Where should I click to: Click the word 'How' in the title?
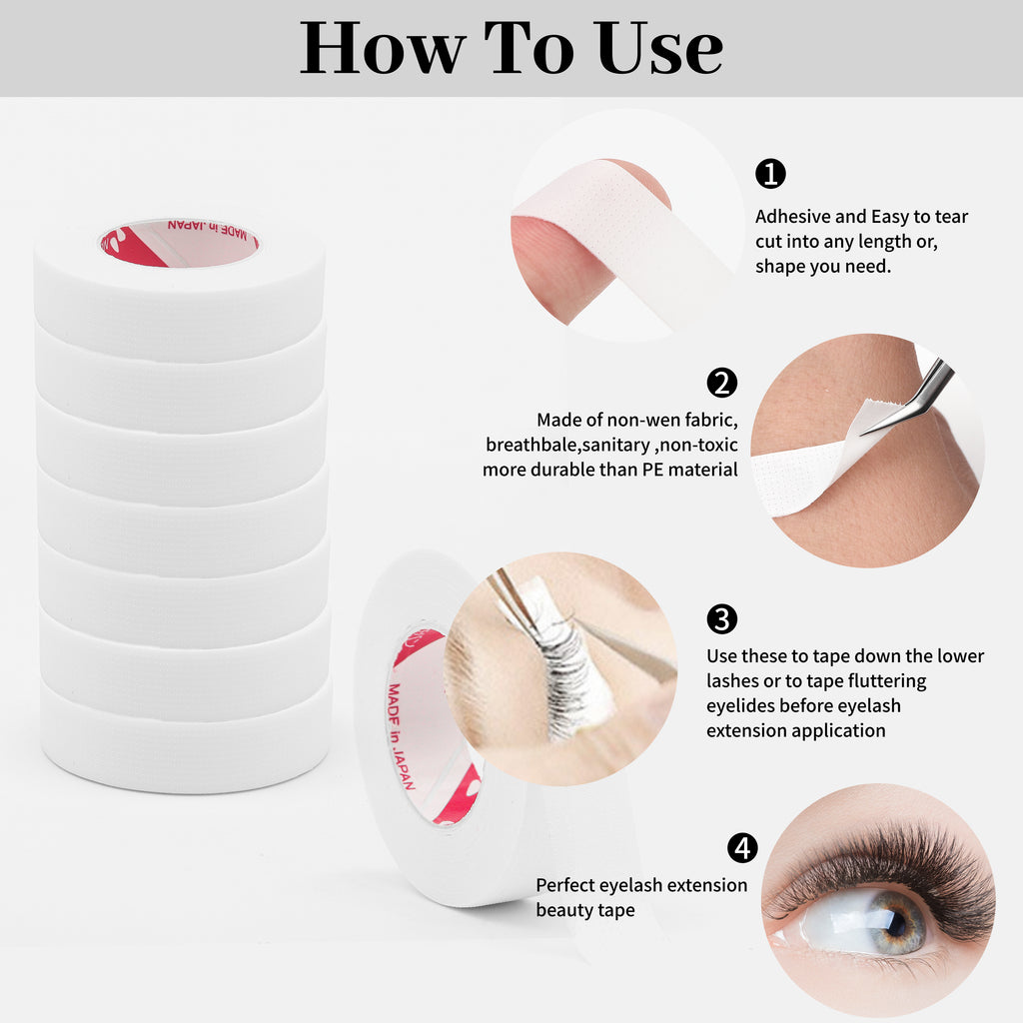(x=383, y=48)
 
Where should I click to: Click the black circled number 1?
(x=770, y=174)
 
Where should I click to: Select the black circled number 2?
(x=722, y=383)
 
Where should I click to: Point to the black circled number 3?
(x=722, y=618)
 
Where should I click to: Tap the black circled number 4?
(x=743, y=848)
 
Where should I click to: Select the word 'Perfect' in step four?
(x=565, y=885)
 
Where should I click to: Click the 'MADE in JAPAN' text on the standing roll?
(x=401, y=736)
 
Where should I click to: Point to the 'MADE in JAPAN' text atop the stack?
(x=208, y=229)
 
